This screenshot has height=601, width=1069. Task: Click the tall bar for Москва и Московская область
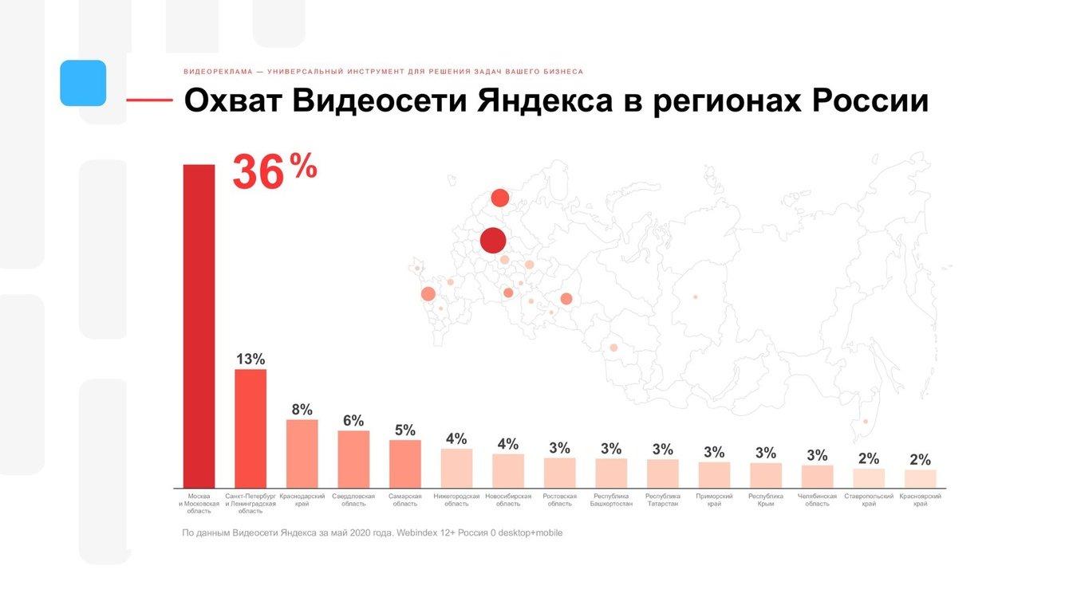199,326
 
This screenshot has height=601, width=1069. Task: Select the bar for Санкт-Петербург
250,428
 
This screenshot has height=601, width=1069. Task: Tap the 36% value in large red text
274,173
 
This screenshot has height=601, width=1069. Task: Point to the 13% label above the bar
250,359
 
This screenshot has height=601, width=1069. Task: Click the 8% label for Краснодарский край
302,410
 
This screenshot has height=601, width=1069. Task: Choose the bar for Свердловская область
353,459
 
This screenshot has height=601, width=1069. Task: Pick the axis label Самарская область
404,500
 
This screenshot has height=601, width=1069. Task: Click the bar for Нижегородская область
456,468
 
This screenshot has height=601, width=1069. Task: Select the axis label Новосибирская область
508,500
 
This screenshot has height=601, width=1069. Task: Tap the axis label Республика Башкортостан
611,500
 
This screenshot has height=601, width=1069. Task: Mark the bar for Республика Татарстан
662,473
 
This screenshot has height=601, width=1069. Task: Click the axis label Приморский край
714,500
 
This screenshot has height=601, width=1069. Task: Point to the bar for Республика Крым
766,475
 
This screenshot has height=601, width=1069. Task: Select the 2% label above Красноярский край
920,459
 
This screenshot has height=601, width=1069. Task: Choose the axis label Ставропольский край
869,500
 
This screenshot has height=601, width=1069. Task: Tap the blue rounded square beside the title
83,83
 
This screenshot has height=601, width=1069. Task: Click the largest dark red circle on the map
493,240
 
